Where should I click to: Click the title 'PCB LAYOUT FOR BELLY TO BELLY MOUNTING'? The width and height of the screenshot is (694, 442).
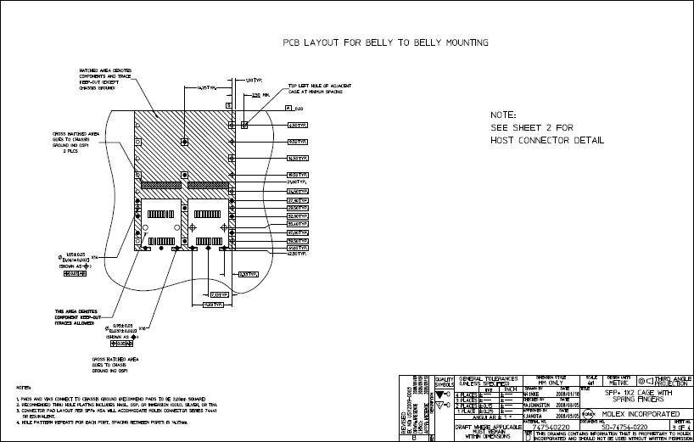point(385,42)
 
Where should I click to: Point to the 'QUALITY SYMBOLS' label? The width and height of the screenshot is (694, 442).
point(445,383)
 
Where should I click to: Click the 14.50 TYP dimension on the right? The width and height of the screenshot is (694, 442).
point(297,158)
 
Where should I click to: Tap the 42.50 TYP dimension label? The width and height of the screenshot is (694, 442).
point(296,254)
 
